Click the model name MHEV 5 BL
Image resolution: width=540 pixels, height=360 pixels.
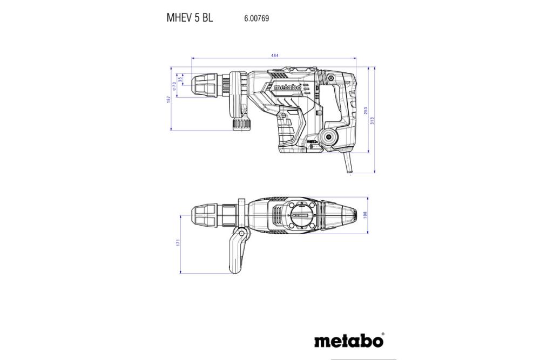click(190, 17)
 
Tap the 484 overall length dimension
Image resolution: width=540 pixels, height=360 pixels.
click(275, 56)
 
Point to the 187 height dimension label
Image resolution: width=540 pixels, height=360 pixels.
click(168, 99)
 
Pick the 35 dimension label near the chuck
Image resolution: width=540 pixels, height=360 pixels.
click(180, 80)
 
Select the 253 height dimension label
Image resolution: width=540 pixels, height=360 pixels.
click(366, 110)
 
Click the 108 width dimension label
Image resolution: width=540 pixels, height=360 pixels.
click(366, 215)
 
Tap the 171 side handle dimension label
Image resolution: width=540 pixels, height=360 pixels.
click(178, 244)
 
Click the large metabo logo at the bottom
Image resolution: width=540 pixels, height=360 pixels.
click(349, 341)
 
